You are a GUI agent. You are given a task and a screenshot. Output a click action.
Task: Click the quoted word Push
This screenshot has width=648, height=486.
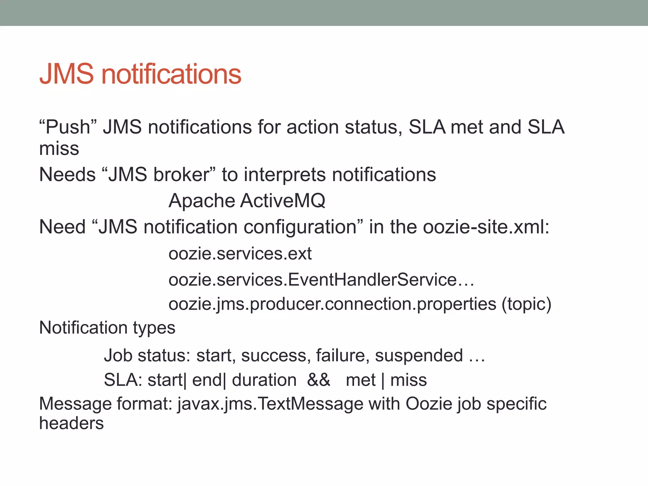[68, 127]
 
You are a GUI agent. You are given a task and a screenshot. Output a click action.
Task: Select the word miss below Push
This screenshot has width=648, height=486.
[59, 149]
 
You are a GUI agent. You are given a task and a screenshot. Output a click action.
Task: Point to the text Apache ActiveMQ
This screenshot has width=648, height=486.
[247, 201]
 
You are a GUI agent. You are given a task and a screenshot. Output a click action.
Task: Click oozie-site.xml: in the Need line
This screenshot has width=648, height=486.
[486, 227]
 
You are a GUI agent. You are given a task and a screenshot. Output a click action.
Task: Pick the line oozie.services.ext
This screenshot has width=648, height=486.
[240, 254]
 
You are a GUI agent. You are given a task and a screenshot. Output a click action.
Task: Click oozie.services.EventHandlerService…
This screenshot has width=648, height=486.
[321, 280]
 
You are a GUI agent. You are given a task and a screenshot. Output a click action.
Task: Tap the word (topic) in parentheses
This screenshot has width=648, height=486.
[526, 304]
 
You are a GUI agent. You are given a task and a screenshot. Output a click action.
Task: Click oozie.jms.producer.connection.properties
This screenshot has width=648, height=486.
[332, 304]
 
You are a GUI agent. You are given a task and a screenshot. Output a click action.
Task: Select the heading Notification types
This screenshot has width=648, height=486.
[107, 327]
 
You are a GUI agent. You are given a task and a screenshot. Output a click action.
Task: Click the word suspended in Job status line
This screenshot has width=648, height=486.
[419, 355]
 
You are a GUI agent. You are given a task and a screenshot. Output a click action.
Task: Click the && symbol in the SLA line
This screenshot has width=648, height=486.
[319, 380]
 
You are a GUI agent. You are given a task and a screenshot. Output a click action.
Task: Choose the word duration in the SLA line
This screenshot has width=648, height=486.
[264, 380]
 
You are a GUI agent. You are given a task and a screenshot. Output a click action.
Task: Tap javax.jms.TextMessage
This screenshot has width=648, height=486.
[271, 404]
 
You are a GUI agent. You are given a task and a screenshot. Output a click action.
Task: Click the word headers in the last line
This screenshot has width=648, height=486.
[72, 423]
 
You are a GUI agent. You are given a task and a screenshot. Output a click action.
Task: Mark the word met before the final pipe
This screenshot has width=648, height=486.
[361, 380]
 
